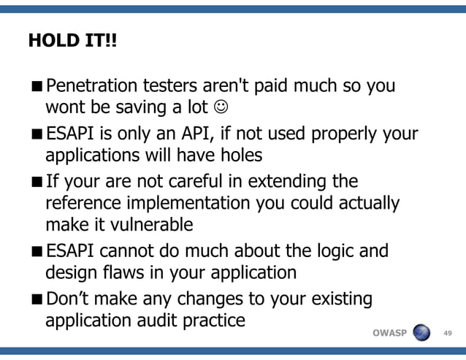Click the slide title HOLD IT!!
(72, 41)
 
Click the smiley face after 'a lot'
(219, 108)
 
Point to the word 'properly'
(345, 134)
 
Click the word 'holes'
(238, 156)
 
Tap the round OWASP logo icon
(422, 333)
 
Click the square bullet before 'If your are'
(37, 181)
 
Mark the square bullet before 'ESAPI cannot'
(37, 252)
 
